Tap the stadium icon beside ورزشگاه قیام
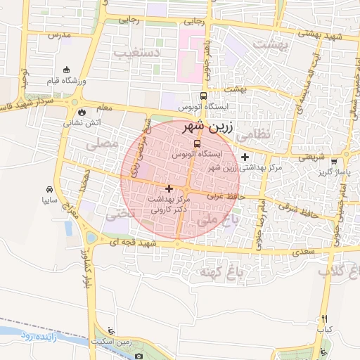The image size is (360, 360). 67,70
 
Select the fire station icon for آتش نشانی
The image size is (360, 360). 83,111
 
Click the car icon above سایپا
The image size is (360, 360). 49,189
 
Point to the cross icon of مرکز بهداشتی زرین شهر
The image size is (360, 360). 245,157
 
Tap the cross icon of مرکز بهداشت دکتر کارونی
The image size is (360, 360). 168,188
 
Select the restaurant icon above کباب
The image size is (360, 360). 324,318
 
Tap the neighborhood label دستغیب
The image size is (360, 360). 156,53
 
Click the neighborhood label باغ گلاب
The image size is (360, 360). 338,271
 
